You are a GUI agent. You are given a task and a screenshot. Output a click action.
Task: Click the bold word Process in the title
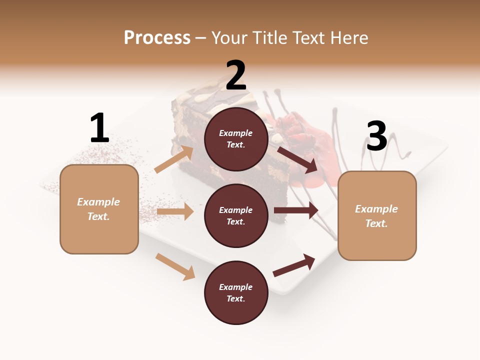[157, 38]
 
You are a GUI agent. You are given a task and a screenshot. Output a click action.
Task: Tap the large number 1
[99, 128]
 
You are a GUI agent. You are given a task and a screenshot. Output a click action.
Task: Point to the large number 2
[236, 75]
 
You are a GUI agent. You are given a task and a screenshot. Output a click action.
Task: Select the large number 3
[376, 136]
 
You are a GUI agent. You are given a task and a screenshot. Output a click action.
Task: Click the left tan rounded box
[99, 209]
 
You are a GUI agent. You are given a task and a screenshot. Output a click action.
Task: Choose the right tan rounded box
[377, 216]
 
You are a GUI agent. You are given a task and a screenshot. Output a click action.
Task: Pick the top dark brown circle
[236, 139]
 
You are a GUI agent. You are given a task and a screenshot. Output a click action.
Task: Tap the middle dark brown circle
[236, 216]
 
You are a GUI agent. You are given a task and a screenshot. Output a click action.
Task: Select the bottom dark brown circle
[236, 293]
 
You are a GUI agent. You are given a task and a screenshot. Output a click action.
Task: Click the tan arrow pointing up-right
[173, 159]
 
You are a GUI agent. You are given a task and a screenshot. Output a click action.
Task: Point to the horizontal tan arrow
[175, 211]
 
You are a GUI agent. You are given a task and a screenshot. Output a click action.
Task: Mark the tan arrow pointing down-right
[175, 266]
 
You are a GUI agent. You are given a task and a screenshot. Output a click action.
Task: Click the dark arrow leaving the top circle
[297, 159]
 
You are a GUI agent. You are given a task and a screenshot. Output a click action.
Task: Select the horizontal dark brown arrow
[296, 210]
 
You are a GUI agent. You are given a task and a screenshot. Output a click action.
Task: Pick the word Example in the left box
[98, 202]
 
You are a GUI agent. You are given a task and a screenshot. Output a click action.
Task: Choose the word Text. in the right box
[376, 223]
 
